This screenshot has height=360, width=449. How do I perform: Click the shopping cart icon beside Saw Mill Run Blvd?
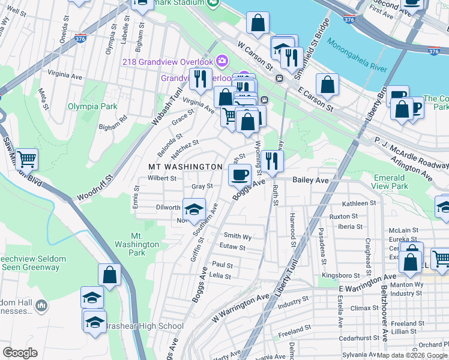point(27,160)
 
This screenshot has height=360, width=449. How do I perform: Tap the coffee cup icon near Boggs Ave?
point(240,175)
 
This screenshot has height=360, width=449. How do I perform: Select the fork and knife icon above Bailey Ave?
point(273,161)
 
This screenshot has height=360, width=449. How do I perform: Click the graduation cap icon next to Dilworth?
point(194,209)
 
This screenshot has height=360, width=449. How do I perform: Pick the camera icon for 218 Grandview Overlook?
point(222,61)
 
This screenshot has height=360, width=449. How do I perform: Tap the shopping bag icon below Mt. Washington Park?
point(110,275)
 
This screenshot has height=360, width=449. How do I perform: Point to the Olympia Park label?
point(92,106)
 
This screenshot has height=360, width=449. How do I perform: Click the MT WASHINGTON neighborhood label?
point(185,166)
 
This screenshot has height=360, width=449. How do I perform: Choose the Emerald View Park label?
point(390,182)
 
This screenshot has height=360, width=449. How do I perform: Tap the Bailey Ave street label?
point(310,180)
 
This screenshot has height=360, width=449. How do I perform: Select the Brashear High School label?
point(144,326)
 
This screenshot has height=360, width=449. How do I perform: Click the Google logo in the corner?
point(20,352)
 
